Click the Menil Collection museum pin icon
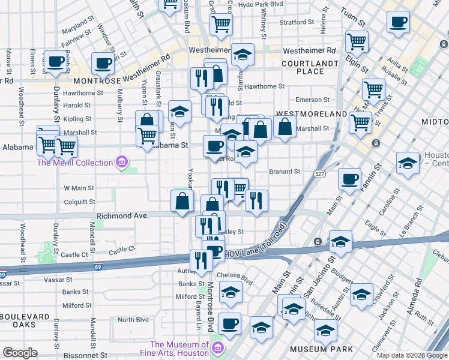[x=122, y=162]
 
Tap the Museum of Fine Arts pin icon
[x=218, y=349]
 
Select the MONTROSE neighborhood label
[x=97, y=80]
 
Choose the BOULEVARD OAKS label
[x=25, y=321]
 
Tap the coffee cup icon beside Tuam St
[x=398, y=23]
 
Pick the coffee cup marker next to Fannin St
[x=349, y=178]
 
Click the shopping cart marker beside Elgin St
[x=357, y=41]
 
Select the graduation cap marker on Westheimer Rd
[x=242, y=54]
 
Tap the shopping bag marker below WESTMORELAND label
[x=286, y=127]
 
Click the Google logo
[x=20, y=353]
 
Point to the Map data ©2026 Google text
[x=411, y=355]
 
